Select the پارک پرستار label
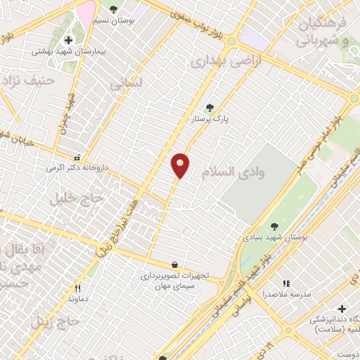(x=211, y=120)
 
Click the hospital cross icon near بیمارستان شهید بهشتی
(x=68, y=40)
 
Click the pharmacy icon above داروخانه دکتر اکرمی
(x=77, y=157)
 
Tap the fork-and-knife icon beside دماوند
(x=77, y=288)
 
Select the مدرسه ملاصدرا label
(x=286, y=294)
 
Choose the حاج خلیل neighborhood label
(x=76, y=199)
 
